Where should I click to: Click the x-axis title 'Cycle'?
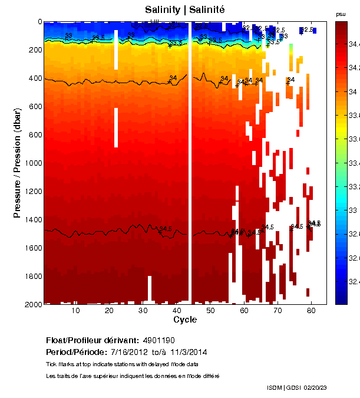(181, 320)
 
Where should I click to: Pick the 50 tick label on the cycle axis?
(210, 311)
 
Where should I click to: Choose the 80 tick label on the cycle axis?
(312, 311)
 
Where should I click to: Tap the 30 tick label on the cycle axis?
(143, 311)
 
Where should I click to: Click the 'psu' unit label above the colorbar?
(341, 14)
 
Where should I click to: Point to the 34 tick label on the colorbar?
(353, 92)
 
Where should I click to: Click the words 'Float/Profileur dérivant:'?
(91, 341)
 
